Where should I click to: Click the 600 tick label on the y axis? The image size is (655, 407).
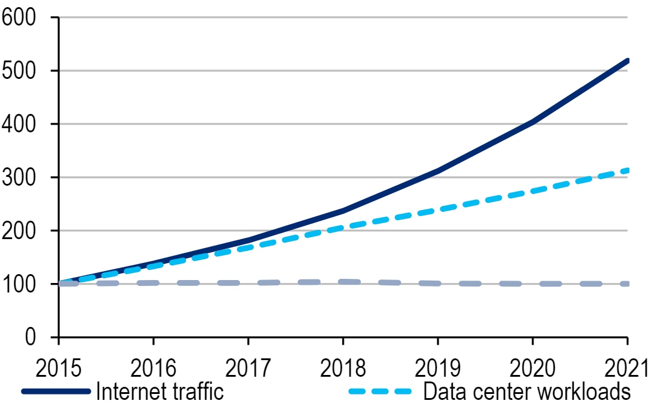pyautogui.click(x=19, y=17)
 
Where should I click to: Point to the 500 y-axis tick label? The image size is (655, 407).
pyautogui.click(x=19, y=71)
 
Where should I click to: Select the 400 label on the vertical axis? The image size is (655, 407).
pyautogui.click(x=19, y=124)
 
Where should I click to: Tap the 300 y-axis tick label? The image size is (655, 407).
pyautogui.click(x=19, y=177)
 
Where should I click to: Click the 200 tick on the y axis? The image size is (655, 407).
pyautogui.click(x=19, y=230)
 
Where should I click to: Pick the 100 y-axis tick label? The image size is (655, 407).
pyautogui.click(x=19, y=284)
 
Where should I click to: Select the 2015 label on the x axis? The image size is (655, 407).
pyautogui.click(x=58, y=368)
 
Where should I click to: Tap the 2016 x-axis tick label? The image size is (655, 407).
pyautogui.click(x=153, y=368)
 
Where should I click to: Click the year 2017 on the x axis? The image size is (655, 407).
pyautogui.click(x=248, y=368)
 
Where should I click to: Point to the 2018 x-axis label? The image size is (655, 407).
pyautogui.click(x=343, y=368)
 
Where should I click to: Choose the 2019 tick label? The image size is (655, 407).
pyautogui.click(x=437, y=368)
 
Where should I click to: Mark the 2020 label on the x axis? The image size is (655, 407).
pyautogui.click(x=532, y=368)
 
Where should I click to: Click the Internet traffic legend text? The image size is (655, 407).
pyautogui.click(x=159, y=392)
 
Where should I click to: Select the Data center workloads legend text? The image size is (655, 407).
pyautogui.click(x=526, y=392)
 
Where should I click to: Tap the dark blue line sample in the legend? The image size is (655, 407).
pyautogui.click(x=56, y=392)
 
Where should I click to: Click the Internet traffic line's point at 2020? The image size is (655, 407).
pyautogui.click(x=532, y=122)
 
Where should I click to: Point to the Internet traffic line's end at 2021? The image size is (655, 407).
pyautogui.click(x=627, y=61)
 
